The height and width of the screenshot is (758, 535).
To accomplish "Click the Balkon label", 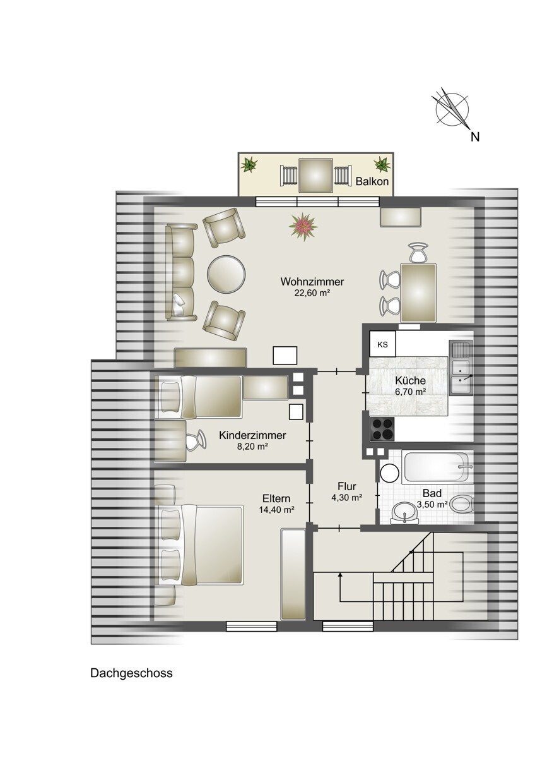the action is coord(372,181).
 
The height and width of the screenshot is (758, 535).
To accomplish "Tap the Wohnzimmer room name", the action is coord(312,282).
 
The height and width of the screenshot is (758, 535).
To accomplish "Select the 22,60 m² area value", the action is coord(312,293).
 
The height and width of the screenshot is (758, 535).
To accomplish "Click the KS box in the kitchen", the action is coord(382,344).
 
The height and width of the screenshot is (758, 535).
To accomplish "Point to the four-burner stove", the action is coord(382,429).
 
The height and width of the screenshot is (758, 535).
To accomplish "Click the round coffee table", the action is coord(226,274).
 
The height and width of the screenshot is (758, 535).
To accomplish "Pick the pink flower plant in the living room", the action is coord(303,226).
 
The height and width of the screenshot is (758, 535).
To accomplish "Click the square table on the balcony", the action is coord(315,176).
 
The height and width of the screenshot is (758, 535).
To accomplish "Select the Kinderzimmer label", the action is coord(253,435).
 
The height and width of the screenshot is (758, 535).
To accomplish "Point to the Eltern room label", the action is coord(276,498).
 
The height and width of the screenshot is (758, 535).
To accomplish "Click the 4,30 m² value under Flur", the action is coord(347,498).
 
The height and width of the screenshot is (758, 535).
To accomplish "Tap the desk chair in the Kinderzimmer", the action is coord(195,440).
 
